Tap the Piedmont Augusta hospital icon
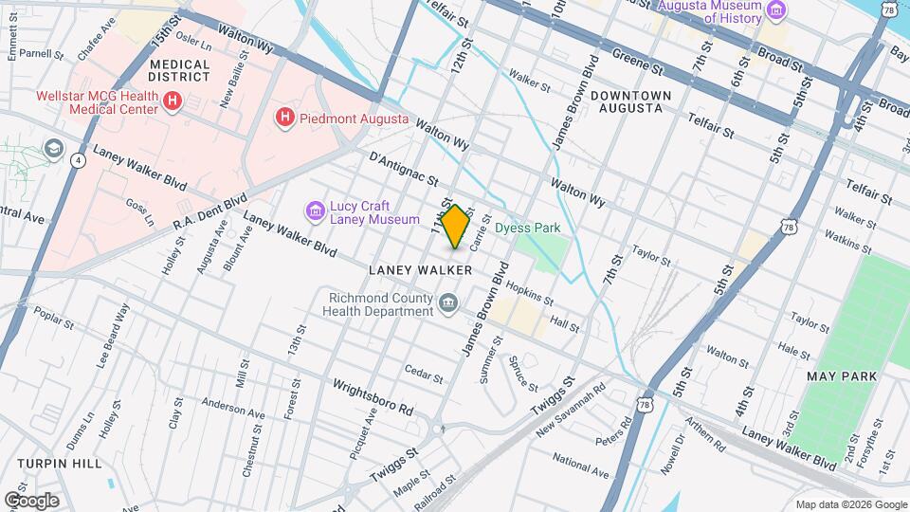click(x=283, y=119)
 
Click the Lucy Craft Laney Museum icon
click(x=314, y=209)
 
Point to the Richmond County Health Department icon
click(x=448, y=303)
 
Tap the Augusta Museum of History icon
click(x=777, y=11)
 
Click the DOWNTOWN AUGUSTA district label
click(x=630, y=102)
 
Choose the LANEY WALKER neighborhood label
click(x=420, y=271)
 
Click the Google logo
click(x=31, y=500)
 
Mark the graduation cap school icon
click(x=54, y=150)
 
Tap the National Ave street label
click(x=579, y=466)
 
